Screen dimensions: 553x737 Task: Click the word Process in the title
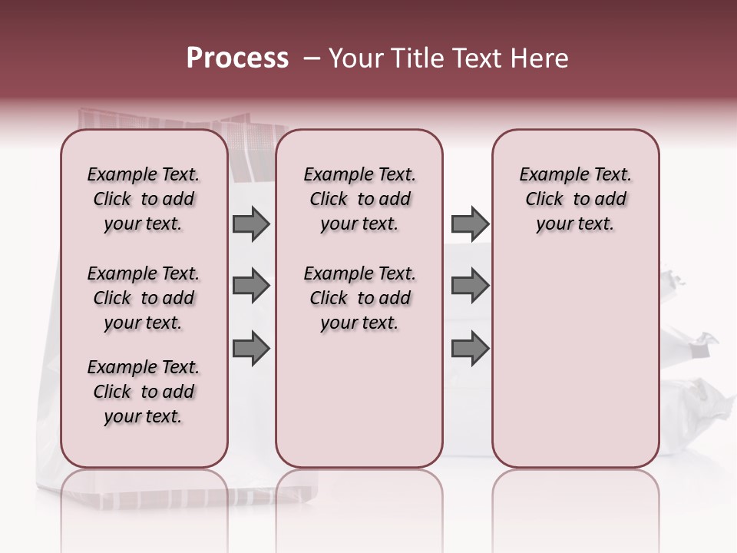coord(237,58)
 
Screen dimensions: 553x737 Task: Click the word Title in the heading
coord(416,58)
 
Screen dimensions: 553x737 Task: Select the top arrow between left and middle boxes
coord(251,224)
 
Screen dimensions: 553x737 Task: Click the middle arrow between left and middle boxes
coord(251,286)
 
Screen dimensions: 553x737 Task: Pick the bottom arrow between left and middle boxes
coord(251,349)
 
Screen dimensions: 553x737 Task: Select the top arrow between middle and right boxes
coord(470,224)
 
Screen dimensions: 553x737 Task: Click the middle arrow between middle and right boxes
coord(470,286)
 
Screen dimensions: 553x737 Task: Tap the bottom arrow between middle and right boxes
coord(470,349)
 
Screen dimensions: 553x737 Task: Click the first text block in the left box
coord(144,199)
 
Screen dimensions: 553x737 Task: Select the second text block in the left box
coord(144,298)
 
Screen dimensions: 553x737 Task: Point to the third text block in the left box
coord(144,392)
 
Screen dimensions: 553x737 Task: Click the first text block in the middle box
coord(359,199)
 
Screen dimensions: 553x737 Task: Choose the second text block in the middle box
coord(359,298)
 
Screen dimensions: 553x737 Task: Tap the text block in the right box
coord(576,199)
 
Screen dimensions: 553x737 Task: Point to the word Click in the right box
coord(544,200)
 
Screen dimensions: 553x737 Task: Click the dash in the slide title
coord(312,58)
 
